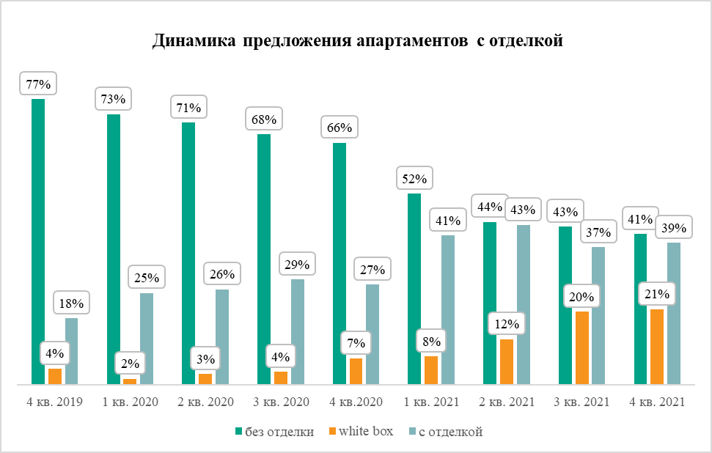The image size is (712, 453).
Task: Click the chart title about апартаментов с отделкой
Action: coord(357,41)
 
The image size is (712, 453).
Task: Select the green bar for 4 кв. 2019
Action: coord(38,242)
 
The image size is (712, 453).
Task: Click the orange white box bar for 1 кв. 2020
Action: coord(130,381)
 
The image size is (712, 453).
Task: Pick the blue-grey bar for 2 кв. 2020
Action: coord(222,336)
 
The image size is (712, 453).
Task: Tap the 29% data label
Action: coord(297,265)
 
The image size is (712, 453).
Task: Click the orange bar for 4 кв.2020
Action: coord(356,371)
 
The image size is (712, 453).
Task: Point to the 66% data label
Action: coord(340,128)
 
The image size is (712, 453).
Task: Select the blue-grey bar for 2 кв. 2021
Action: coord(524,304)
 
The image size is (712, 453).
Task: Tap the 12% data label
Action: coord(507,323)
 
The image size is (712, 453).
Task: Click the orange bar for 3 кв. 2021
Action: coord(582,347)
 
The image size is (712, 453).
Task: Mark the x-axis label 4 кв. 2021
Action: coord(657,402)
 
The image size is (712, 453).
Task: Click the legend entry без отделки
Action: coord(275,432)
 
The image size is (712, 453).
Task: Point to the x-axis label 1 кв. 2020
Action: coord(130,402)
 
